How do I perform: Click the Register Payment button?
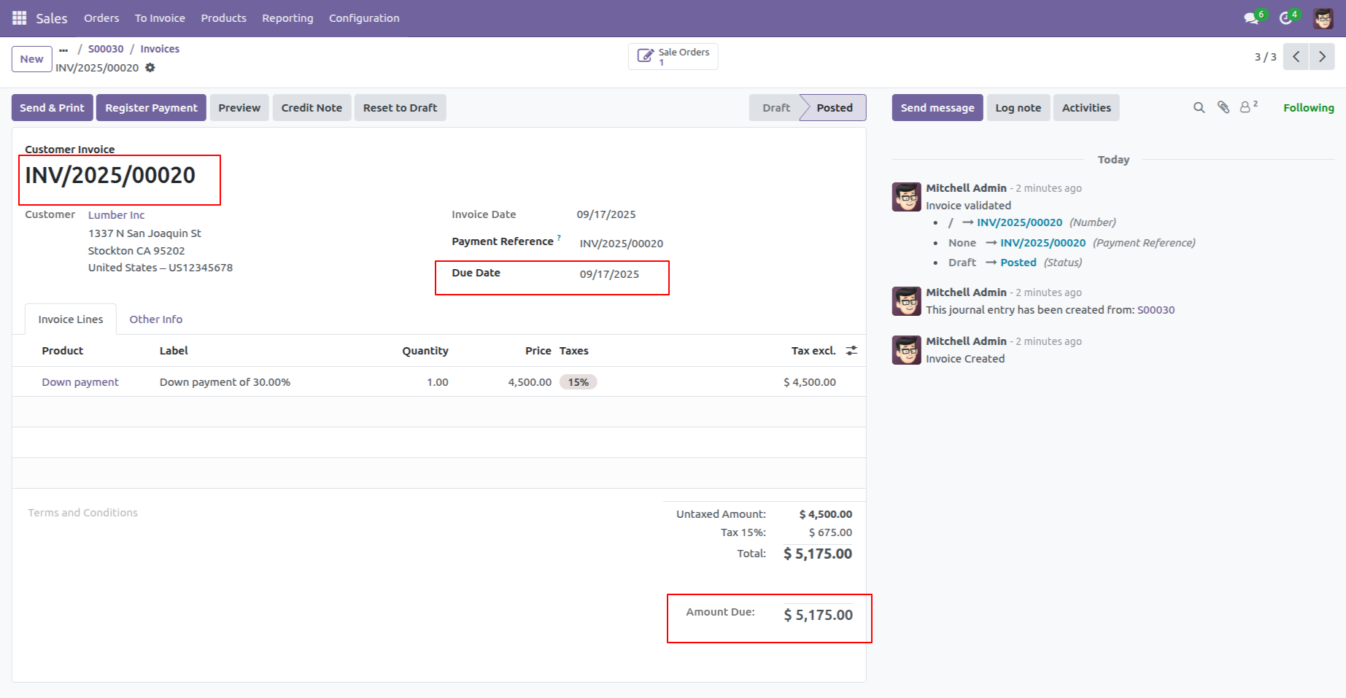click(151, 108)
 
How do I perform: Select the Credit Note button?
click(312, 108)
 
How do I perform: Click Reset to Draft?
click(400, 108)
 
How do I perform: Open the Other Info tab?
click(155, 319)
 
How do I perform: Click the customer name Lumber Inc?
click(117, 215)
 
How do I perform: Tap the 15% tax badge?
click(578, 382)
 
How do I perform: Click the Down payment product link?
click(80, 382)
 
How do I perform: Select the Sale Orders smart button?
click(673, 56)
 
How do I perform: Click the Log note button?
click(1018, 108)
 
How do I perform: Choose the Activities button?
click(1086, 108)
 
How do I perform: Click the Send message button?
click(937, 108)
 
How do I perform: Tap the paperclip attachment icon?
click(1223, 107)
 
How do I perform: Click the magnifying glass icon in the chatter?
click(1199, 107)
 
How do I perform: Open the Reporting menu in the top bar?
click(287, 18)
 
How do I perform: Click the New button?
click(31, 59)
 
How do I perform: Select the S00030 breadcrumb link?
click(106, 49)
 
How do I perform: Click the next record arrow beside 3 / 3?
click(1322, 56)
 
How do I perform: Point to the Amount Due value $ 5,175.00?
click(818, 616)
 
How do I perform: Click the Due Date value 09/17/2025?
click(609, 274)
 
